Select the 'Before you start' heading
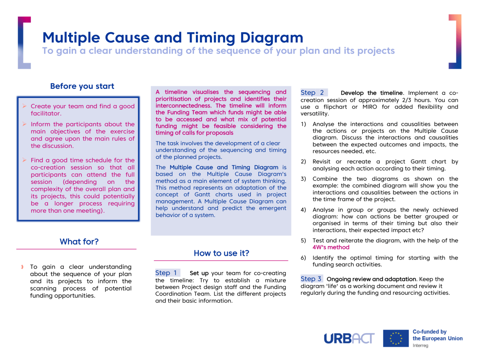pos(82,86)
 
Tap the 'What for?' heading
pos(79,242)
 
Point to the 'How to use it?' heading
pos(222,253)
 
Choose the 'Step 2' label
pos(313,92)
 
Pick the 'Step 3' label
pos(311,279)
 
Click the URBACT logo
pos(350,338)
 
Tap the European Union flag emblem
pos(395,338)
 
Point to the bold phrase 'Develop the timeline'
pos(372,93)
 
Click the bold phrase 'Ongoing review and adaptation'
pos(371,279)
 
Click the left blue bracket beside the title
pos(24,42)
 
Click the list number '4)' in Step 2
pos(303,210)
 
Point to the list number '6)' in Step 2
pos(303,258)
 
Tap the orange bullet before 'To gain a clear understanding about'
pos(23,267)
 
